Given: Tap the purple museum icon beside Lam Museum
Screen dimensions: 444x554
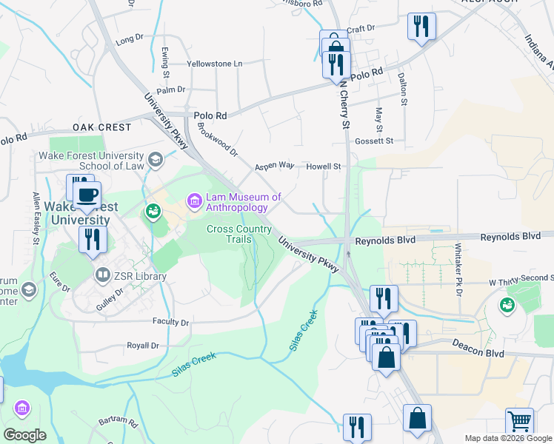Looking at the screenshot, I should pyautogui.click(x=195, y=201).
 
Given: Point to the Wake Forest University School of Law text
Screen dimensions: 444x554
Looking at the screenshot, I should pyautogui.click(x=100, y=161).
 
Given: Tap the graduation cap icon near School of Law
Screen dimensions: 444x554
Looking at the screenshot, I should pyautogui.click(x=156, y=159).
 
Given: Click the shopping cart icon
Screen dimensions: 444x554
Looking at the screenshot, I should pyautogui.click(x=519, y=422).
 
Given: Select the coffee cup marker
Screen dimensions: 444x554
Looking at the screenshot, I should pyautogui.click(x=87, y=195).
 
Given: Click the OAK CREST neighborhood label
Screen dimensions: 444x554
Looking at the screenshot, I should pyautogui.click(x=102, y=127).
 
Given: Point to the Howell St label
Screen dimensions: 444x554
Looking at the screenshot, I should pyautogui.click(x=323, y=166).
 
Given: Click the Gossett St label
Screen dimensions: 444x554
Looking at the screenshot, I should pyautogui.click(x=374, y=141).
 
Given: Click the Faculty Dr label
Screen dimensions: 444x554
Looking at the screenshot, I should pyautogui.click(x=170, y=322).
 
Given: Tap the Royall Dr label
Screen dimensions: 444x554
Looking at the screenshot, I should pyautogui.click(x=143, y=346).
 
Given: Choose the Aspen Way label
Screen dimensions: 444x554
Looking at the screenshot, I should pyautogui.click(x=275, y=166).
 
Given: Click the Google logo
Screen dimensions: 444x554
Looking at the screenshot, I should pyautogui.click(x=24, y=435).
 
